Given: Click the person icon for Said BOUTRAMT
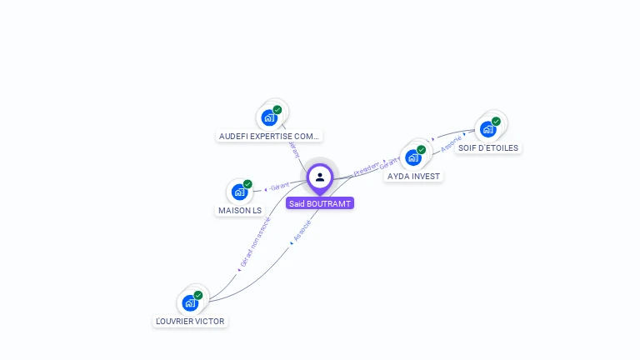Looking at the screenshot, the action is tap(320, 177).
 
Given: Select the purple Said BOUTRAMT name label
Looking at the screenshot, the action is tap(320, 202).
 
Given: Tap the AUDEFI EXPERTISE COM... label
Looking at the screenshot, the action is tap(269, 136).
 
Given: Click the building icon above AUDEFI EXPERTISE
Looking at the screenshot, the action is tap(268, 117).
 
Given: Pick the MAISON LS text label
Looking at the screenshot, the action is tap(240, 210).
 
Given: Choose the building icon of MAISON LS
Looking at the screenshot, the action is tap(239, 192).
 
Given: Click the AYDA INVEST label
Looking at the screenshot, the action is tap(413, 176).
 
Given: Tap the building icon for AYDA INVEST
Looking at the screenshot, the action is tap(412, 158).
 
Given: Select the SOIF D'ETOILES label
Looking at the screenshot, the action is tap(488, 147).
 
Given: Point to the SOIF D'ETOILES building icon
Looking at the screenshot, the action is tap(487, 129).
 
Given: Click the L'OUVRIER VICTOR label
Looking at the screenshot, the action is tap(190, 321).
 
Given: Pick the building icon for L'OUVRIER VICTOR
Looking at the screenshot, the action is tap(190, 303).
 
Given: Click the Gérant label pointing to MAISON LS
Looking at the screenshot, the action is tap(278, 185).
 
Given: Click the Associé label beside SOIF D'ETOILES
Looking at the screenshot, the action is tap(451, 144).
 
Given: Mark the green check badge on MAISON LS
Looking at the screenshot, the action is tap(247, 184).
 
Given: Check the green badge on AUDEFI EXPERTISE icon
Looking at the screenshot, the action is tap(277, 109).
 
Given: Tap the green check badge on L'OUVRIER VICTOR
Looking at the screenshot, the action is tap(198, 295).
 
